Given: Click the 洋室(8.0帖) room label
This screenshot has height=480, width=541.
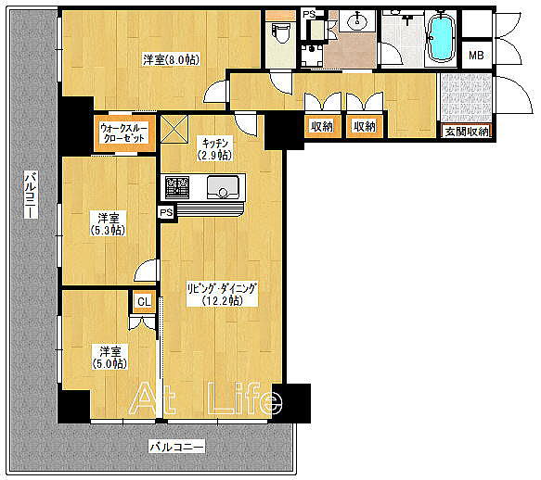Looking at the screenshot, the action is click(x=171, y=60).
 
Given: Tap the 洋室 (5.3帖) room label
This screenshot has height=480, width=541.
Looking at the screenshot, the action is click(x=109, y=224).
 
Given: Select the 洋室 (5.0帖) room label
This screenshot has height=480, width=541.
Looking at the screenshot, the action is click(x=109, y=358).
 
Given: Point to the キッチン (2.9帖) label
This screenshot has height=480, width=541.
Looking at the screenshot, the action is click(x=214, y=149).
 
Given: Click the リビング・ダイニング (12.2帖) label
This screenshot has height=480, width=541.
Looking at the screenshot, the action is click(x=222, y=295).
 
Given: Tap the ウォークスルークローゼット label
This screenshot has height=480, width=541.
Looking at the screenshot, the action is click(x=123, y=133).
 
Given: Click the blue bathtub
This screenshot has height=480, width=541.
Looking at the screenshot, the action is click(x=440, y=38).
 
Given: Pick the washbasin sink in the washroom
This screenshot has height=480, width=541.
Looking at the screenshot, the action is click(x=357, y=21).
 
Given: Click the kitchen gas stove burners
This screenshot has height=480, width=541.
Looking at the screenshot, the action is click(x=177, y=188).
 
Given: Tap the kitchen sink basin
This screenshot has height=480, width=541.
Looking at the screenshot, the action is click(x=223, y=187).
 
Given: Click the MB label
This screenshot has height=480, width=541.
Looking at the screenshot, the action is click(x=476, y=55).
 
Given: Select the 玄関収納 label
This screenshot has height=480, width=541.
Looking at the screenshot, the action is click(x=467, y=132).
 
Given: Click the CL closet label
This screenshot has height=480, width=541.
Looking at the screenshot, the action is click(x=144, y=302).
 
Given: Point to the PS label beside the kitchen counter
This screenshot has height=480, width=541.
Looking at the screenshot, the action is click(x=166, y=212).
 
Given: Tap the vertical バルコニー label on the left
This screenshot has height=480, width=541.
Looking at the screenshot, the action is click(x=31, y=195).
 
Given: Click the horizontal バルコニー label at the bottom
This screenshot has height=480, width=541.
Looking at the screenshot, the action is click(x=176, y=447).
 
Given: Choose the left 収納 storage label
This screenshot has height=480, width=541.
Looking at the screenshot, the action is click(x=322, y=126).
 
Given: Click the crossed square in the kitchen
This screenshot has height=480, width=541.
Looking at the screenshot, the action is click(x=174, y=129).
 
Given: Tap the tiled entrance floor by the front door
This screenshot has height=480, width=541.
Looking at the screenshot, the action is click(x=466, y=97).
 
